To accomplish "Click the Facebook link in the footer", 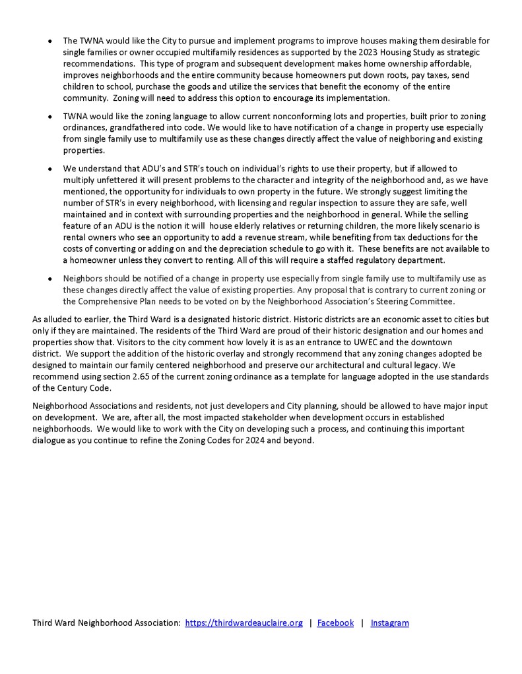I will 335,623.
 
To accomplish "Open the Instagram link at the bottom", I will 389,623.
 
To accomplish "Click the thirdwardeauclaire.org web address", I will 244,623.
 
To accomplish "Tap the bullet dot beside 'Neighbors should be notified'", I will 51,280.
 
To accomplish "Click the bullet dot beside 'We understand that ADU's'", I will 51,169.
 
